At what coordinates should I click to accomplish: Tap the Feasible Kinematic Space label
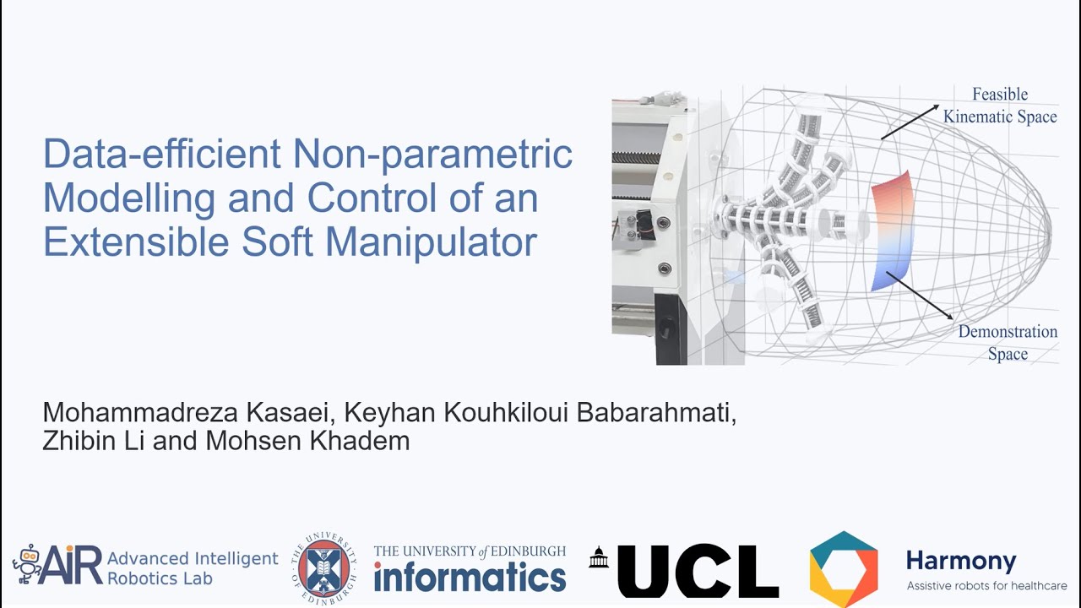click(1000, 106)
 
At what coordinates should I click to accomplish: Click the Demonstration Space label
click(1008, 342)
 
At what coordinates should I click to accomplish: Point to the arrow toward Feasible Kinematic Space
click(910, 122)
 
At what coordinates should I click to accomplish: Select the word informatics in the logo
click(470, 578)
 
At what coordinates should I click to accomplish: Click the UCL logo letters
click(698, 571)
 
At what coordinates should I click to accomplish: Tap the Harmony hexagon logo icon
click(844, 569)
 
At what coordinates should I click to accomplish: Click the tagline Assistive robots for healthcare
click(986, 586)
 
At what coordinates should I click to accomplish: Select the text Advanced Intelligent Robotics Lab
click(193, 568)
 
